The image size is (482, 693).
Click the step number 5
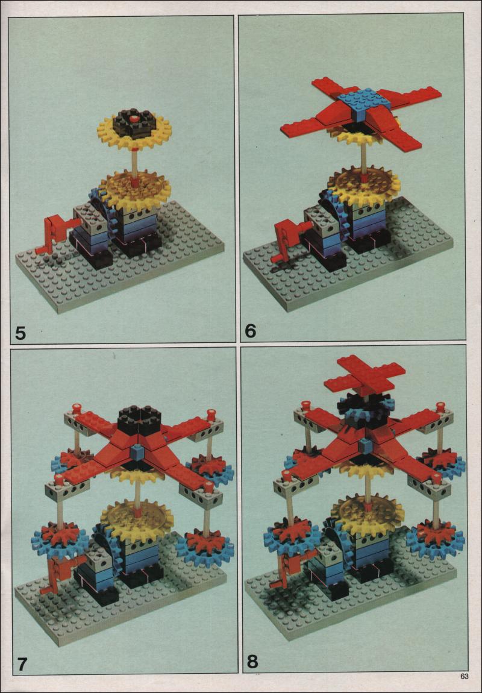tap(20, 333)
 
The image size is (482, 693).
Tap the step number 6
tap(251, 331)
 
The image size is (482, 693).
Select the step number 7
tap(23, 664)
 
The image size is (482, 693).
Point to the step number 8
tap(252, 662)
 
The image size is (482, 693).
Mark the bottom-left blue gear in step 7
tap(60, 541)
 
